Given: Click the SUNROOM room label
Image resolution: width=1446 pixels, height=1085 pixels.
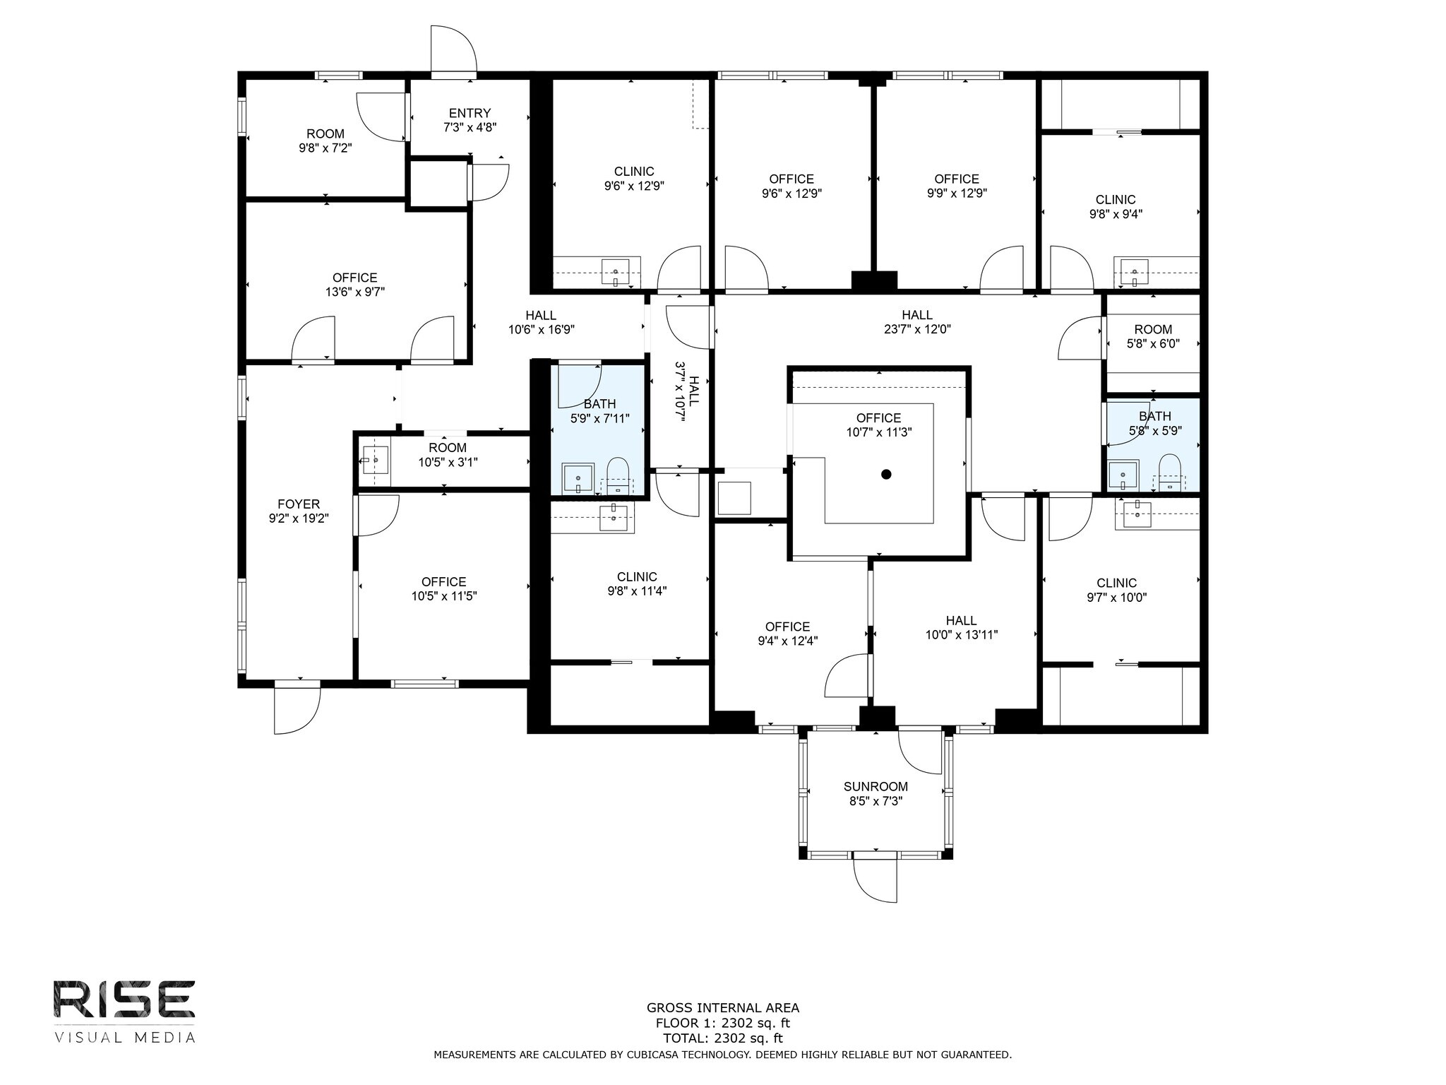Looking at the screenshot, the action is [x=876, y=786].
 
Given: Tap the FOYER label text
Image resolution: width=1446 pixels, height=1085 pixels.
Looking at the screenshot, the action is [x=299, y=504].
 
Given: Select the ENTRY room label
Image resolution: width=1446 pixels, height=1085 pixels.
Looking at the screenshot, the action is [x=470, y=113].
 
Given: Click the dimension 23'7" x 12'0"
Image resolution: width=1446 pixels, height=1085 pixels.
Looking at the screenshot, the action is [x=917, y=329].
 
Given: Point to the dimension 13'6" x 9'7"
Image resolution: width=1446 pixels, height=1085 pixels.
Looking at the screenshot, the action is [x=355, y=292].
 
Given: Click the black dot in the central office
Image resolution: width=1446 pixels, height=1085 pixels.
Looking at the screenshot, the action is [x=886, y=474].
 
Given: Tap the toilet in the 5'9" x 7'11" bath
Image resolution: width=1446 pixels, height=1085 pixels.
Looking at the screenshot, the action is [x=618, y=475].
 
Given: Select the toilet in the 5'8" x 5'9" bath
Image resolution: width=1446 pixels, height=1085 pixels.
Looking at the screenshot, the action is [x=1169, y=472].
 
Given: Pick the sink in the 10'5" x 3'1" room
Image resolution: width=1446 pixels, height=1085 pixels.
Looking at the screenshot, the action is [x=375, y=461].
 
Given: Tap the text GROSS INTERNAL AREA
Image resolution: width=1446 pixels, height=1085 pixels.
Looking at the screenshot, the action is [x=723, y=1008].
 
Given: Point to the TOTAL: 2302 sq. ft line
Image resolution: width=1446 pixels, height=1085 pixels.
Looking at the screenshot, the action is [x=723, y=1038].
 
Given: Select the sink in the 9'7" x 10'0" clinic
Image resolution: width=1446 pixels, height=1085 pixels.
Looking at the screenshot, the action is [x=1137, y=514].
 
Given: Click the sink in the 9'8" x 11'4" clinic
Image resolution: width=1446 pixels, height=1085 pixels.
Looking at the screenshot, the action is [x=613, y=518].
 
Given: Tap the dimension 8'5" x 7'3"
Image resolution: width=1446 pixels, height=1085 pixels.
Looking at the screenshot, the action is [x=876, y=801].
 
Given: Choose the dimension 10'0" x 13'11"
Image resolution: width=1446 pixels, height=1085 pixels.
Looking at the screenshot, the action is [x=962, y=634].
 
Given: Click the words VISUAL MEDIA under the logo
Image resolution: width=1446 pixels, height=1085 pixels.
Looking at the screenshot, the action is [x=124, y=1037].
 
